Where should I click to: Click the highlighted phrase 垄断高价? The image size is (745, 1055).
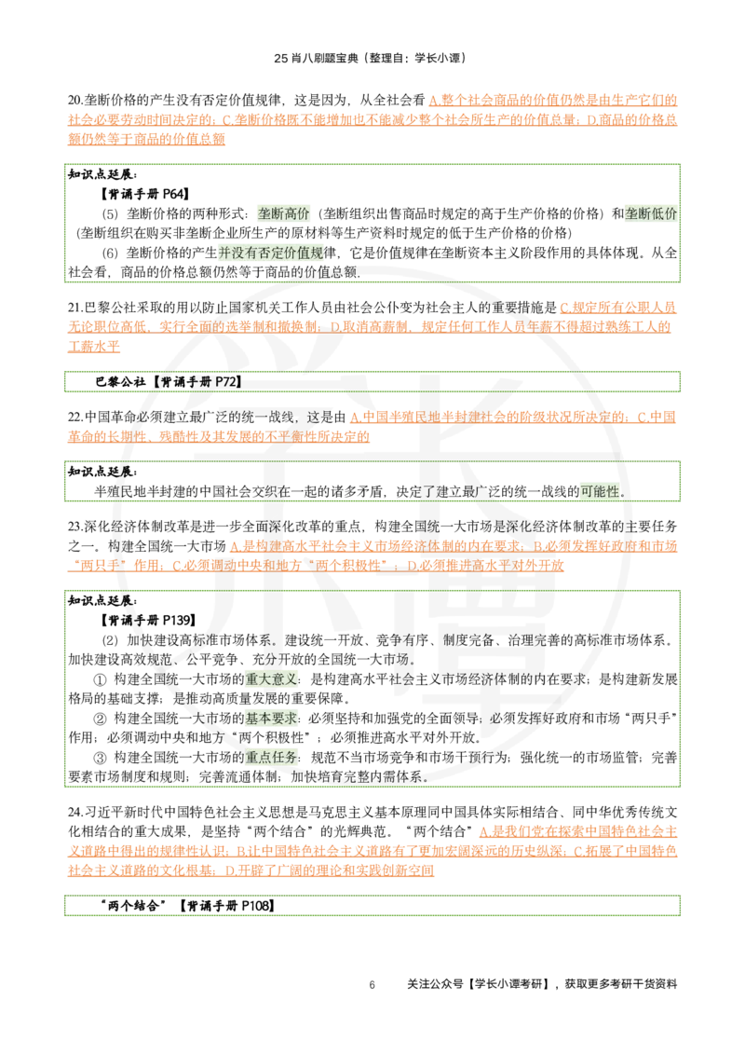point(283,213)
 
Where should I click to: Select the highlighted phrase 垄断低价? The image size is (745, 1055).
point(651,213)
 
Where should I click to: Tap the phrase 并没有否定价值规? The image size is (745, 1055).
point(271,253)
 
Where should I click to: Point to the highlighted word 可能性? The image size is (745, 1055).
point(600,491)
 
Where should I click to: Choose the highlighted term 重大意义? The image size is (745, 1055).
point(272,679)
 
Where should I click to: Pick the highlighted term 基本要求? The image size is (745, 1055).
point(272,719)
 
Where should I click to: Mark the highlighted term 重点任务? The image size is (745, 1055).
point(272,758)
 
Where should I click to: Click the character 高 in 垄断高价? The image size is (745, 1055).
point(290,213)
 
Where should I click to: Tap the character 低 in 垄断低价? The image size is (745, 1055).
point(657,213)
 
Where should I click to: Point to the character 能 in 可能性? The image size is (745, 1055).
point(600,491)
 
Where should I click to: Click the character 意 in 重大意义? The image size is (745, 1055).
point(278,679)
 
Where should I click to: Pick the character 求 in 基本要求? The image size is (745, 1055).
point(291,719)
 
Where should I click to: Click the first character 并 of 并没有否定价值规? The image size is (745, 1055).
point(224,253)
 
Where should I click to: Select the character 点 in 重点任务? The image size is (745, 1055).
point(265,758)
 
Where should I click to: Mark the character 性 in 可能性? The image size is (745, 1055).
point(612,491)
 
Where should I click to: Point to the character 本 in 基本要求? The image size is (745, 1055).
point(265,719)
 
